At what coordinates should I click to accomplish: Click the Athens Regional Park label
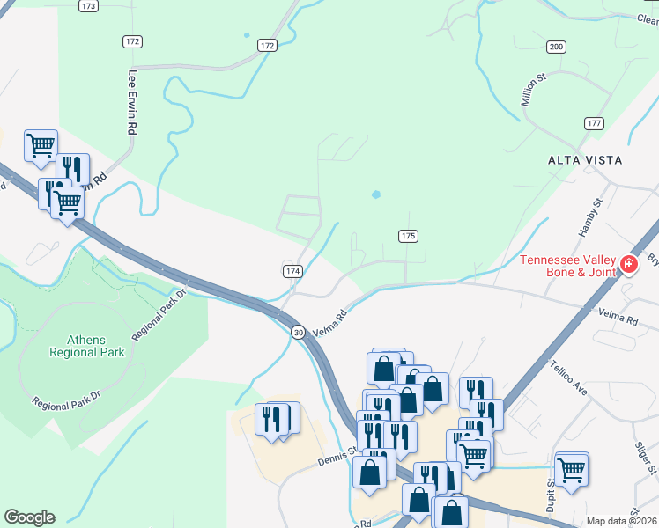[x=95, y=346]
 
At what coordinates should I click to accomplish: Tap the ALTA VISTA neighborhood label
[x=585, y=160]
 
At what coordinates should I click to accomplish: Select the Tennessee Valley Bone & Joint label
[x=568, y=265]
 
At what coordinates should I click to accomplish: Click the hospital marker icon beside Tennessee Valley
[x=629, y=263]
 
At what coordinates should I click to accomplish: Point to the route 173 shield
[x=87, y=5]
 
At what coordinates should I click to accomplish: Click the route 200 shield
[x=556, y=46]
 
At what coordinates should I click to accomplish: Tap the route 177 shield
[x=593, y=123]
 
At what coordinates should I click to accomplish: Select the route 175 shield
[x=407, y=236]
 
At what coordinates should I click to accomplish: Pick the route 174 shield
[x=293, y=271]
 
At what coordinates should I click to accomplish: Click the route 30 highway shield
[x=299, y=331]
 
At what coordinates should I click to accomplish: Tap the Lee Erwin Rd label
[x=133, y=102]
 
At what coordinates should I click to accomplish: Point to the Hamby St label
[x=589, y=217]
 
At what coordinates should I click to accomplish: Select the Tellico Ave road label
[x=567, y=376]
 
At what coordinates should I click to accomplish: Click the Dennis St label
[x=336, y=457]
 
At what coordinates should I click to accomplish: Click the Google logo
[x=29, y=517]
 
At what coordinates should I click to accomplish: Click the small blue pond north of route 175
[x=377, y=194]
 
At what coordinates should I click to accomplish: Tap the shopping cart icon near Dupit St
[x=572, y=468]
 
